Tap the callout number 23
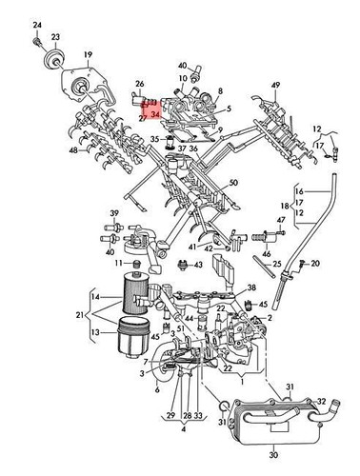[x=56, y=37]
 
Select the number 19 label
[x=87, y=55]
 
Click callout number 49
[x=277, y=86]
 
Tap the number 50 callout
[x=233, y=181]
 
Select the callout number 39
[x=113, y=213]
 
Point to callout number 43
[x=197, y=265]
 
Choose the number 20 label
[x=317, y=263]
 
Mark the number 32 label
[x=322, y=401]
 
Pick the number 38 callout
[x=251, y=287]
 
